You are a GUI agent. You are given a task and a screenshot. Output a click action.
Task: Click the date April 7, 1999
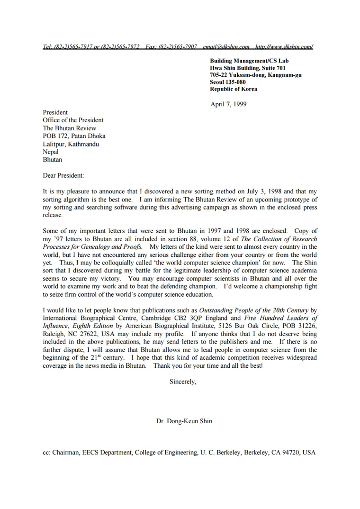228,104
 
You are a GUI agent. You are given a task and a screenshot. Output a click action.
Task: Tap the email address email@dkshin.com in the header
226,46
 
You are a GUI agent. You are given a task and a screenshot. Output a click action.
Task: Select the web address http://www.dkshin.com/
284,46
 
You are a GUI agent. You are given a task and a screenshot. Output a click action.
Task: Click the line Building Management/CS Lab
249,61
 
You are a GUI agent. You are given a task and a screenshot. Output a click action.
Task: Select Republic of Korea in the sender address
234,89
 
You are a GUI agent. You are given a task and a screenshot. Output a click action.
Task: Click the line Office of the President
73,120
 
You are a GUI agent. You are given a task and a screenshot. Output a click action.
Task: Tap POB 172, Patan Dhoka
74,136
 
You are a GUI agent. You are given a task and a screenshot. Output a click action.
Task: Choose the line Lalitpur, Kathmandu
71,144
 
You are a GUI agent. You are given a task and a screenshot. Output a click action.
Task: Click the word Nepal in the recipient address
51,152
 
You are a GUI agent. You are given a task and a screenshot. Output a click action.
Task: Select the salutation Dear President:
63,176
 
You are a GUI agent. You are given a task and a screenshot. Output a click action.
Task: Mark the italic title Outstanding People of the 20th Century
254,310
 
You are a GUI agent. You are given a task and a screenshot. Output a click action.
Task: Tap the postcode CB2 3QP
191,318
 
